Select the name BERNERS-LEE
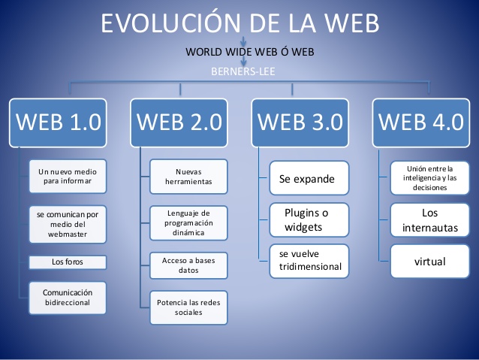pos(239,72)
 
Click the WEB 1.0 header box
pos(58,121)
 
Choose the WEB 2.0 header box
pos(179,121)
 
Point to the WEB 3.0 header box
pos(300,121)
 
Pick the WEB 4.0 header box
pos(420,121)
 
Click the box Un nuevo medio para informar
pos(68,177)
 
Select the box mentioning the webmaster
pos(68,224)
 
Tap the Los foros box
pos(68,262)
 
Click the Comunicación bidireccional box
pos(68,297)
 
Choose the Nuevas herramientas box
pos(188,176)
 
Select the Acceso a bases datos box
pos(188,265)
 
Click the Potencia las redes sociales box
pos(188,307)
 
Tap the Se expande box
pos(309,180)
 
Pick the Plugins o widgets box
pos(309,219)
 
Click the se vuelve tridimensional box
pos(309,261)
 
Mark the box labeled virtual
pos(430,262)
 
